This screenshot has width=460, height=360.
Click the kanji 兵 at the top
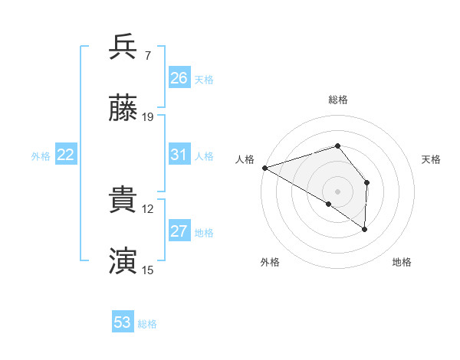(x=123, y=47)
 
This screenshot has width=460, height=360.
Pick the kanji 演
(x=123, y=261)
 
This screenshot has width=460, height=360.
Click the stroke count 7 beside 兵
(x=148, y=55)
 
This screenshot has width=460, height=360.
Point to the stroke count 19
(x=149, y=116)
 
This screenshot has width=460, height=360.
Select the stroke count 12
(x=149, y=208)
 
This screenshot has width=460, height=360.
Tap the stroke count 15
(x=149, y=270)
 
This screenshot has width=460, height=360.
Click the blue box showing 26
(x=179, y=78)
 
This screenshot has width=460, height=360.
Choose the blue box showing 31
(x=179, y=155)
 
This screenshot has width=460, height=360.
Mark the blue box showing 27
(x=179, y=231)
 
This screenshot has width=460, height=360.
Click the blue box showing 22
(x=66, y=155)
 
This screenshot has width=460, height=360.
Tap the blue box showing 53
(x=123, y=322)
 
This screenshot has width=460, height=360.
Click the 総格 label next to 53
(x=147, y=324)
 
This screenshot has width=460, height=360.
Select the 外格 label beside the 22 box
(x=41, y=156)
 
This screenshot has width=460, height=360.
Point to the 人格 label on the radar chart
(x=245, y=159)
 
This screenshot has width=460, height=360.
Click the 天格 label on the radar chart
(x=432, y=159)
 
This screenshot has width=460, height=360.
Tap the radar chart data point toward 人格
(x=264, y=168)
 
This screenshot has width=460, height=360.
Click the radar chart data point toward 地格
(x=365, y=229)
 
